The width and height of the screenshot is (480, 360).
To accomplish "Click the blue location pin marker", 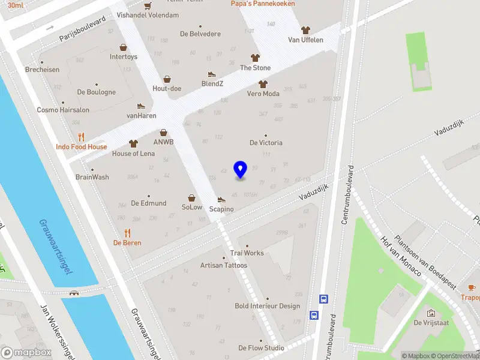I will tap(240, 170).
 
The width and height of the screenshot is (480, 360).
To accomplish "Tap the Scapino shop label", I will tap(221, 209).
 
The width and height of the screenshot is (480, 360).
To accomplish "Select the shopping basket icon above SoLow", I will tap(192, 197).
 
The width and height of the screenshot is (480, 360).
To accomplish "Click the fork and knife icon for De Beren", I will tap(127, 233).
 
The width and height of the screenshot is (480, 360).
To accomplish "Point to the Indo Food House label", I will tap(82, 146).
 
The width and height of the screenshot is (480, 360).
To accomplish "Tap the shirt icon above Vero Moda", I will tap(262, 84).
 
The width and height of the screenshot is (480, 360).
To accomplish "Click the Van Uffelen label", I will tap(305, 40).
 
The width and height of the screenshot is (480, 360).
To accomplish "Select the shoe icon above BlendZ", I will tap(211, 74).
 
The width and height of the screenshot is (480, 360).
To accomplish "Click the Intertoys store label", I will tap(124, 57).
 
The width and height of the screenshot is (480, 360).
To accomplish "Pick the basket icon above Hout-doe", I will tap(167, 79).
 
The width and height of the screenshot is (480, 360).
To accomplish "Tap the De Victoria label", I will tap(266, 143).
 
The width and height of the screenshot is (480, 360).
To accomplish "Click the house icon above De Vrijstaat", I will tap(430, 313).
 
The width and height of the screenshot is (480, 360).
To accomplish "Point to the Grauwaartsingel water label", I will tap(56, 247).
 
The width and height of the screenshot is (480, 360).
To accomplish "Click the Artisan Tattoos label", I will tap(223, 265).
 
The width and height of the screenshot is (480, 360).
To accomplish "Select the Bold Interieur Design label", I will tap(267, 306).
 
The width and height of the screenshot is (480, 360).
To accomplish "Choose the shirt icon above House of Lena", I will tap(133, 144).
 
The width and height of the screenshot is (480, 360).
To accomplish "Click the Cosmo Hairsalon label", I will tap(63, 110).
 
